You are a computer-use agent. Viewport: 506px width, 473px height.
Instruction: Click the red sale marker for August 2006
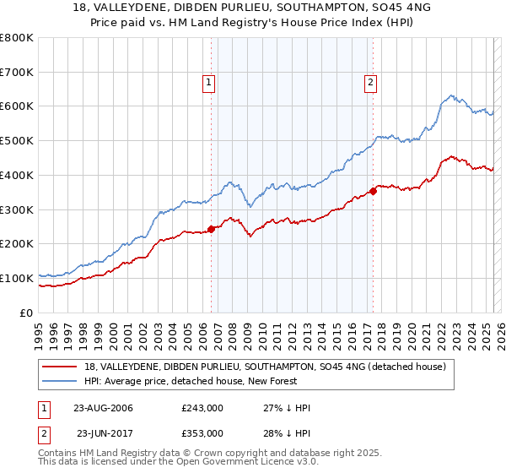211,228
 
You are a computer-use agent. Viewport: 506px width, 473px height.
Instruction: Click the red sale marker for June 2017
373,191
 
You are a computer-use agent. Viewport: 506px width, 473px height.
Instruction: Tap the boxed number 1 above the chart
208,83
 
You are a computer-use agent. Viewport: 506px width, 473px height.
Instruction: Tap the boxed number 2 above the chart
370,83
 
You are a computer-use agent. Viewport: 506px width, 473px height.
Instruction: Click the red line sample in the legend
60,367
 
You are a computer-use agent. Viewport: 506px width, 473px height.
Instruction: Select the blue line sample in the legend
60,381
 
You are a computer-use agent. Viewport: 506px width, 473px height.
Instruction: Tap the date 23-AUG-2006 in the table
103,408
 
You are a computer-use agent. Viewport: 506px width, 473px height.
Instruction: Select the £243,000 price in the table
202,408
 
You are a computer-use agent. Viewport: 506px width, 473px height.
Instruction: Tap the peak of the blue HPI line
452,95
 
